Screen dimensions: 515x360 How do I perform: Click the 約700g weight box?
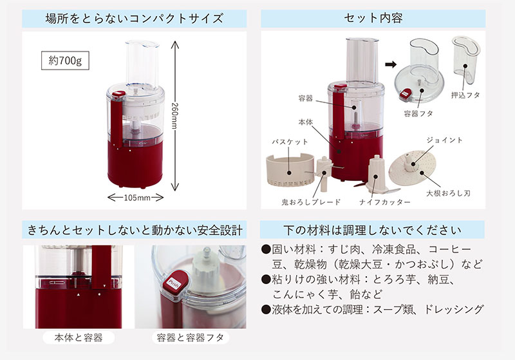click(65, 61)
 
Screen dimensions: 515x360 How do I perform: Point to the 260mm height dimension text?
click(175, 116)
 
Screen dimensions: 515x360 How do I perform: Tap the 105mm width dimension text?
click(137, 198)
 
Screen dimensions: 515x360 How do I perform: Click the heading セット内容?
click(373, 18)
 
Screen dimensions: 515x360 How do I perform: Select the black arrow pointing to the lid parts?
click(391, 64)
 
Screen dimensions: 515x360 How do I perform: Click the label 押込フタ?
click(465, 95)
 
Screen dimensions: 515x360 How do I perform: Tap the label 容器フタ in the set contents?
click(418, 113)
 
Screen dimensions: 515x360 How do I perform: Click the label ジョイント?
click(444, 140)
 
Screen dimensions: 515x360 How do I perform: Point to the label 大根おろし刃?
click(448, 193)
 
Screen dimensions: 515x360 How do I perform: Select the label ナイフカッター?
click(385, 202)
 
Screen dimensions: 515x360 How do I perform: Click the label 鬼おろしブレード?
click(311, 202)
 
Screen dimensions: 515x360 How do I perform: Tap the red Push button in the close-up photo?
click(173, 283)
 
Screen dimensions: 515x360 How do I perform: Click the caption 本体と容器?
click(79, 337)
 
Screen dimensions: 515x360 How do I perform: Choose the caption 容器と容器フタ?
click(191, 337)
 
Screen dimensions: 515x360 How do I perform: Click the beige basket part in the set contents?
click(290, 170)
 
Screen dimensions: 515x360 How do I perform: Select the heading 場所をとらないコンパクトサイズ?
click(135, 19)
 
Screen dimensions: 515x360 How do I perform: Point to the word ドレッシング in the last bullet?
click(453, 309)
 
